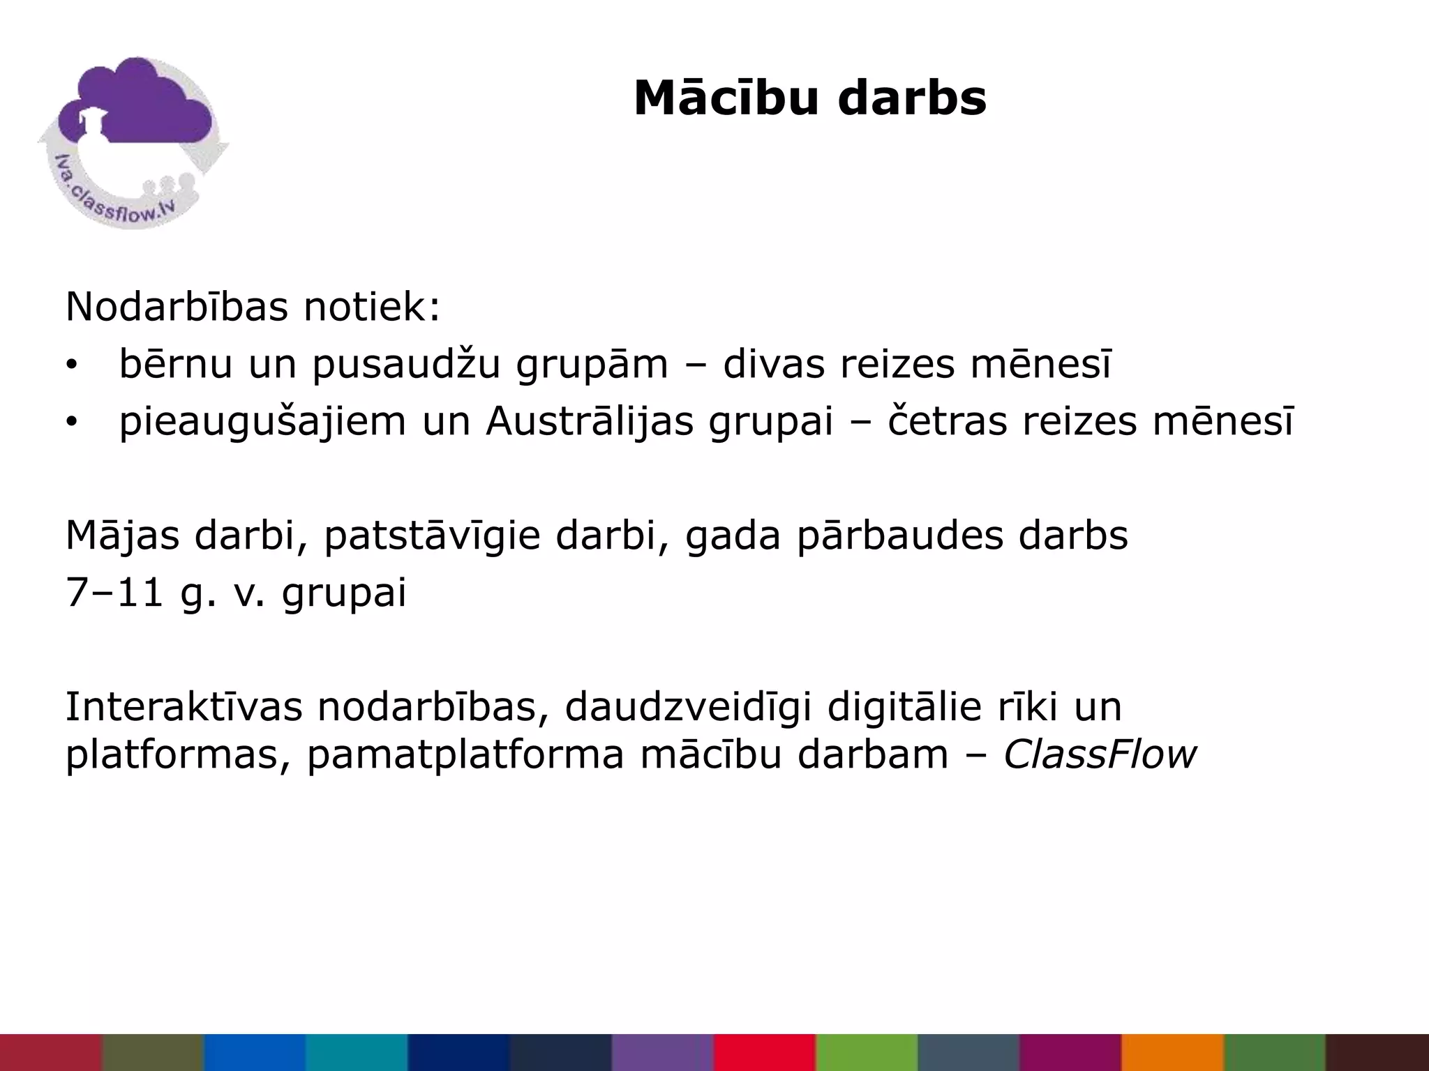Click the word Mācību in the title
click(726, 98)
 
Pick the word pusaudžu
click(406, 365)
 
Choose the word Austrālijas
click(590, 421)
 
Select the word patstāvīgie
click(432, 535)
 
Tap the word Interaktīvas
click(184, 706)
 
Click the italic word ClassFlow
click(1099, 754)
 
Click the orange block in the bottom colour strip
click(1172, 1052)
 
